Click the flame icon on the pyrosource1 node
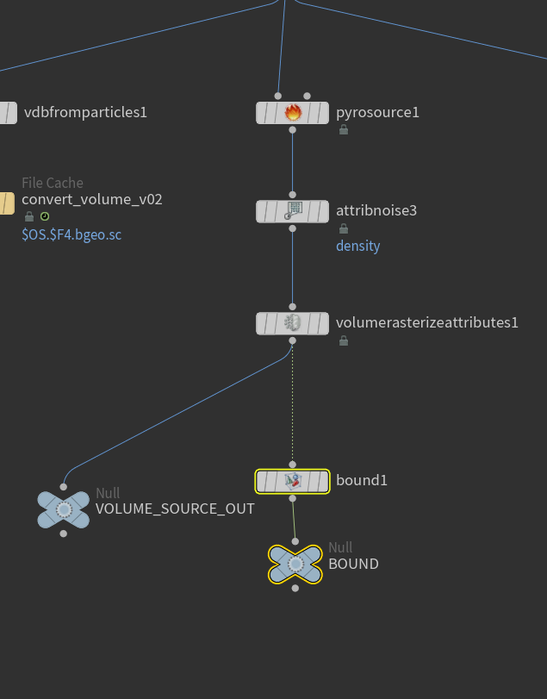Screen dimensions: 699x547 pyautogui.click(x=293, y=113)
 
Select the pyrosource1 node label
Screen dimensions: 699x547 pyautogui.click(x=377, y=113)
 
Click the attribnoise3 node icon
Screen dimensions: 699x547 pyautogui.click(x=293, y=210)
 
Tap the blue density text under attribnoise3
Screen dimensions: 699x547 pyautogui.click(x=357, y=246)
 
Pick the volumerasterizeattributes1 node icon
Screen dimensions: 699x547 pyautogui.click(x=293, y=323)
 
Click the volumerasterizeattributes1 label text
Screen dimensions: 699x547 pyautogui.click(x=426, y=323)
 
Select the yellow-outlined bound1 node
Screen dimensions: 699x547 pyautogui.click(x=293, y=481)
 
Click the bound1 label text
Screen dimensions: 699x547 pyautogui.click(x=361, y=480)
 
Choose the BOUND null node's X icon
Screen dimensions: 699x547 pyautogui.click(x=295, y=565)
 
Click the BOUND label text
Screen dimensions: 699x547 pyautogui.click(x=353, y=564)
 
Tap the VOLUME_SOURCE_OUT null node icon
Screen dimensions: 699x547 pyautogui.click(x=64, y=509)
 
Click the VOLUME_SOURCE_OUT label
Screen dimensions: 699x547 pyautogui.click(x=175, y=509)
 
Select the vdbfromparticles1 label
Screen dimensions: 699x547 pyautogui.click(x=85, y=112)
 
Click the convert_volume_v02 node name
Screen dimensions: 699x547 pyautogui.click(x=92, y=199)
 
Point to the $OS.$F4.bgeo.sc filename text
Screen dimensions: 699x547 pyautogui.click(x=71, y=234)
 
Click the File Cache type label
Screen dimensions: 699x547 pyautogui.click(x=53, y=183)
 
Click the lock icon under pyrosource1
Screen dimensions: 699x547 pyautogui.click(x=344, y=130)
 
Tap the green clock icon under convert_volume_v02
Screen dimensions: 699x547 pyautogui.click(x=45, y=216)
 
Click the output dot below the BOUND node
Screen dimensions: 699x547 pyautogui.click(x=295, y=588)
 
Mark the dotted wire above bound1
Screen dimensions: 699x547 pyautogui.click(x=292, y=405)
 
